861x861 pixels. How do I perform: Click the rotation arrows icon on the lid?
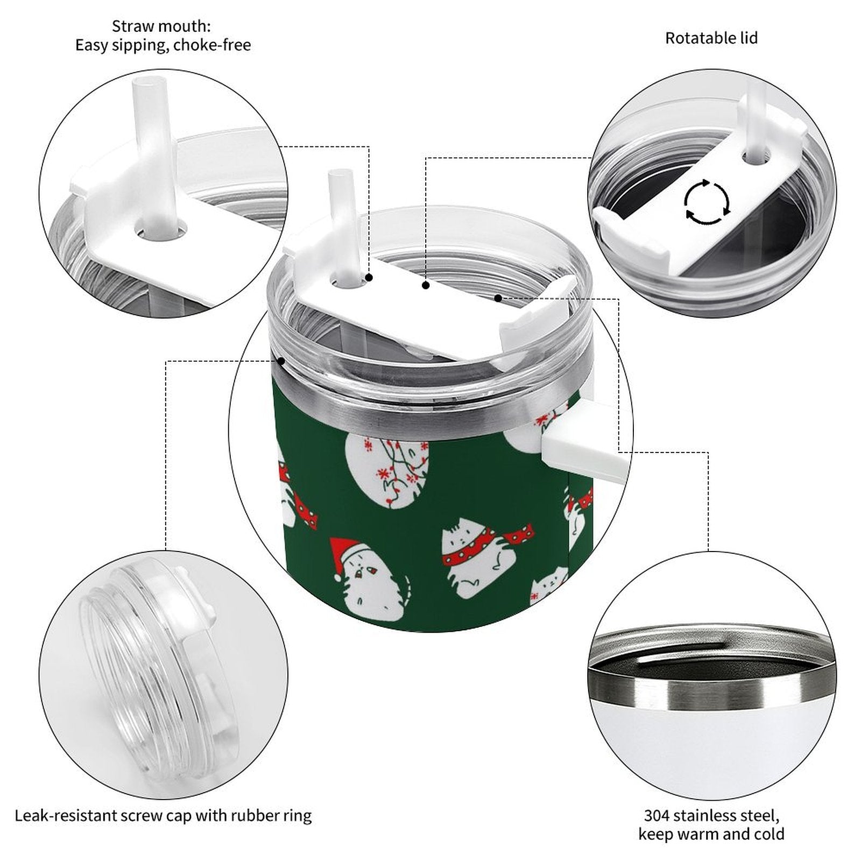(707, 202)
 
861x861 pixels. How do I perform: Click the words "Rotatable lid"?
(711, 38)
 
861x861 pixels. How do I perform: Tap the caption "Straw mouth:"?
(161, 26)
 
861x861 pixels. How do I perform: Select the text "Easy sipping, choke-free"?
(163, 45)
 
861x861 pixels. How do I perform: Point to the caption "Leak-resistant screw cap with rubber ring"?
(163, 815)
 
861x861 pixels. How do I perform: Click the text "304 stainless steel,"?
(711, 815)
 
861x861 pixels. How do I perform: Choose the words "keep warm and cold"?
(711, 835)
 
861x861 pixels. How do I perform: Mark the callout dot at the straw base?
(369, 278)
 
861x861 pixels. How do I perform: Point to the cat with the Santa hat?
(369, 578)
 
